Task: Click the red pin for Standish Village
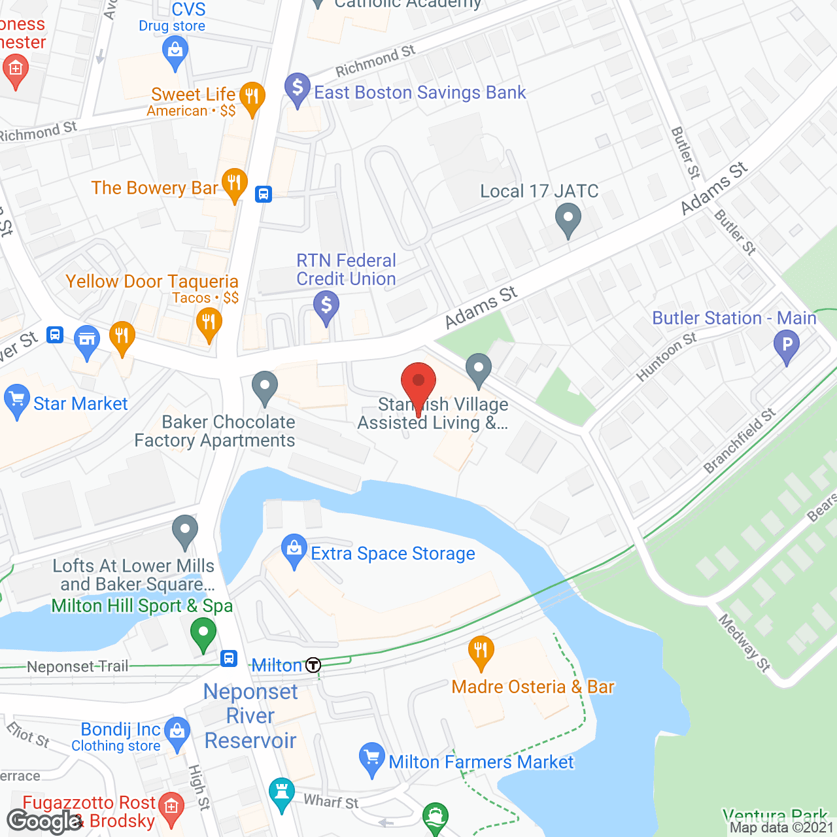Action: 418,382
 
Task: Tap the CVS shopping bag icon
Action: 175,51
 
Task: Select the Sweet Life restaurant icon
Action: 252,97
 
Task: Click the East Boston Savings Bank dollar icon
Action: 298,88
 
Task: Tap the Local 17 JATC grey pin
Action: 568,218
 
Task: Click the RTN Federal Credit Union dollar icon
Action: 326,306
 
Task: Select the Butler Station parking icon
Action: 787,345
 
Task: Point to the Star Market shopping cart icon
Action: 16,400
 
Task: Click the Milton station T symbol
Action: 314,666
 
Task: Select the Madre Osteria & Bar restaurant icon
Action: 481,651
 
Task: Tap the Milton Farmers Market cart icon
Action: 372,758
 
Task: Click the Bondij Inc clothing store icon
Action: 177,733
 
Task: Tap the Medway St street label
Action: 745,643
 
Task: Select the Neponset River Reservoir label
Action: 250,716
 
